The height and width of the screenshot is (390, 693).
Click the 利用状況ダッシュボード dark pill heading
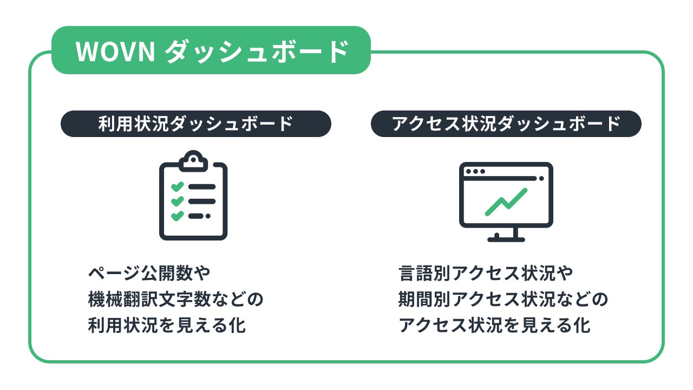pos(195,124)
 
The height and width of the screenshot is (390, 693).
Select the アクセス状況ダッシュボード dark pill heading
pos(506,124)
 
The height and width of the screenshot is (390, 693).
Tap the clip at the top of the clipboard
pos(193,160)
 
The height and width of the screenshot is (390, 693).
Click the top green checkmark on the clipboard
pos(177,187)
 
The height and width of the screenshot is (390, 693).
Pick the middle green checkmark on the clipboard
pos(177,201)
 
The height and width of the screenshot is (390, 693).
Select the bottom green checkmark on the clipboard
pos(177,216)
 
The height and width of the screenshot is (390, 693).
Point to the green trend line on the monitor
pos(506,201)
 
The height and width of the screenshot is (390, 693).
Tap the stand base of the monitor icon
pos(506,239)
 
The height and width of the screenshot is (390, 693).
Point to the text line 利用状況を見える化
pos(167,326)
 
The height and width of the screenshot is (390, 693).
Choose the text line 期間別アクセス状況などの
pos(503,300)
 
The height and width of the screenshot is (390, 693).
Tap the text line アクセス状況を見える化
pos(494,326)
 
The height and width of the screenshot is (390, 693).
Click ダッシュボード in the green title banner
pos(256,51)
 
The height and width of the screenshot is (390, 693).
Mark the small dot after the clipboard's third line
pos(208,216)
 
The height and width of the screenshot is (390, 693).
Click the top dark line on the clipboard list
pos(201,187)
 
